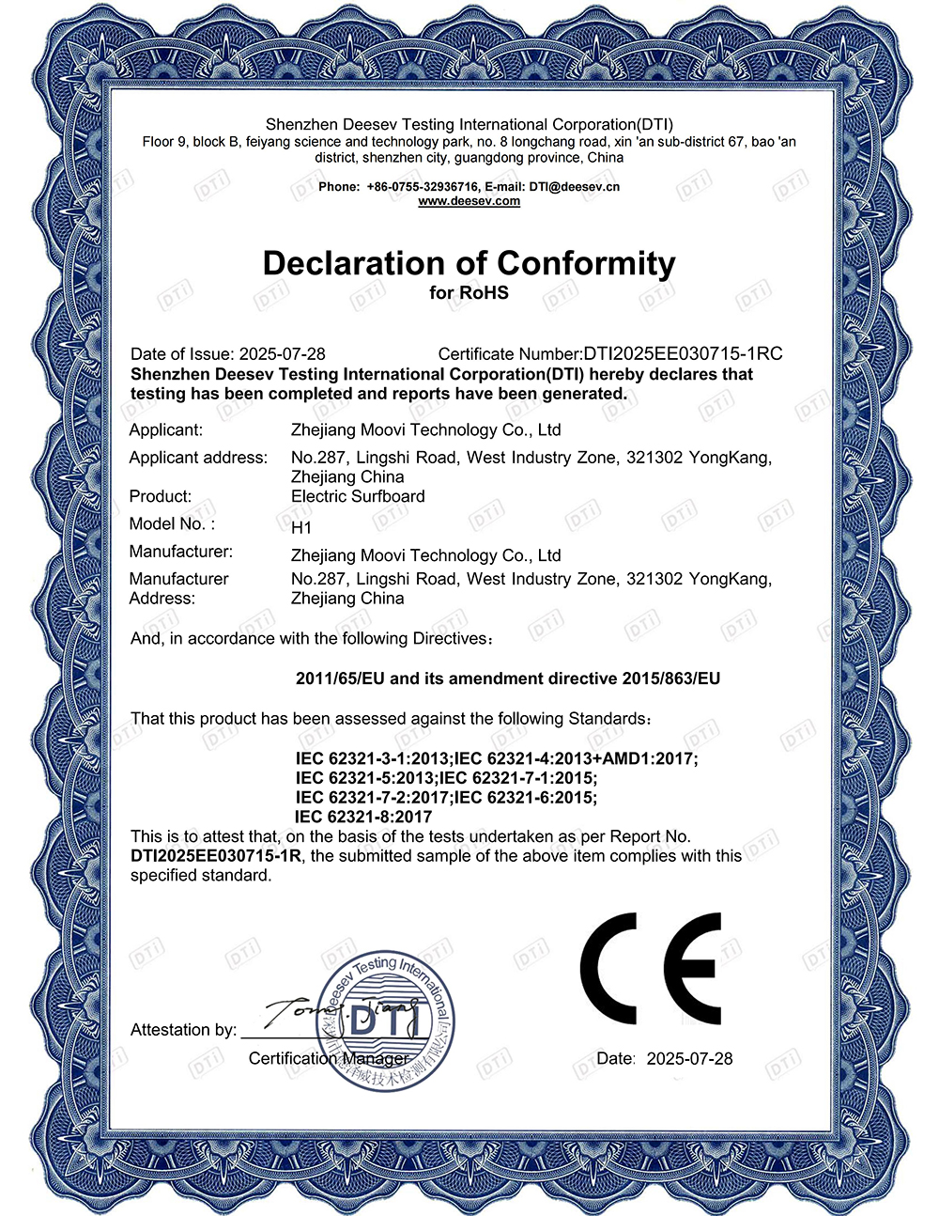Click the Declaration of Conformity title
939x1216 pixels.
point(469,263)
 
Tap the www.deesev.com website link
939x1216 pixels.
point(469,201)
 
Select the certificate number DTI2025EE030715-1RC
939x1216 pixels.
point(683,354)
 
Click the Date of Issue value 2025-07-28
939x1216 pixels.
point(283,354)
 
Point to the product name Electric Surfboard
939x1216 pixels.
point(358,496)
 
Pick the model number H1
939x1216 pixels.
point(301,528)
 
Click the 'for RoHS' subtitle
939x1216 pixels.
point(469,293)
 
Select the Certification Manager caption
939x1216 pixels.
point(329,1059)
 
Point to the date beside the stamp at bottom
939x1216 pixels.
point(689,1059)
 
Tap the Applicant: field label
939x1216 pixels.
point(166,430)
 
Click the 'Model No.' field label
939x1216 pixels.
point(172,524)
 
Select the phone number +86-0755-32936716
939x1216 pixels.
point(423,187)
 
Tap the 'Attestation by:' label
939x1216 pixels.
point(183,1031)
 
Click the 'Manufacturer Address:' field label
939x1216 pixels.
point(178,589)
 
